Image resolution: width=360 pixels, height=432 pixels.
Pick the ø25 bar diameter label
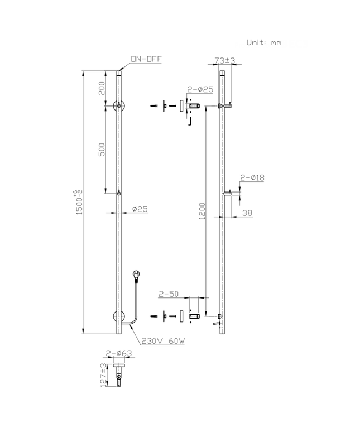[140, 209]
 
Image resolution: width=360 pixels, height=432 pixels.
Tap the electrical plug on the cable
[136, 275]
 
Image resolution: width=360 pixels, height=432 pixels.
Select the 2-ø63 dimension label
[117, 353]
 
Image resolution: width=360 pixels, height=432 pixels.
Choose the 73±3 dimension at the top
[225, 60]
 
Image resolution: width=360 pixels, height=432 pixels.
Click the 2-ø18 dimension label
[252, 178]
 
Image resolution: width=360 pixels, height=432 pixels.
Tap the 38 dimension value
[248, 213]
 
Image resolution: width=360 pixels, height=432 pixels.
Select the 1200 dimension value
[202, 210]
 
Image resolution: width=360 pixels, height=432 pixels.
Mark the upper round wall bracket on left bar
[118, 106]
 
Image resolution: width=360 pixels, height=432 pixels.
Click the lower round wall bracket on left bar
[118, 318]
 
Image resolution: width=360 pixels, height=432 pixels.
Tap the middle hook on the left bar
[118, 193]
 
